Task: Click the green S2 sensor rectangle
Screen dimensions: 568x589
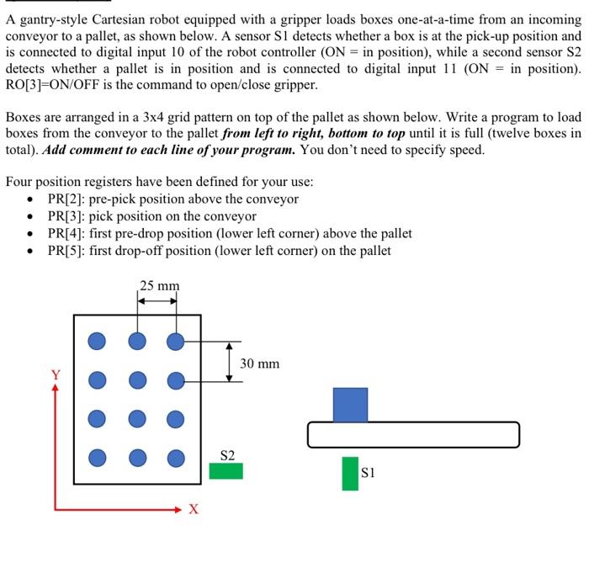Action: [x=226, y=470]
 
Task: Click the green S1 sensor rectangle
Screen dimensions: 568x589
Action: [x=350, y=473]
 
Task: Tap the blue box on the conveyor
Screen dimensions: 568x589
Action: [x=350, y=404]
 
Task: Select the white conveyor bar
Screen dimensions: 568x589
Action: [x=413, y=434]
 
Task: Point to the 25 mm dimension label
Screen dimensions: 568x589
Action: [x=159, y=286]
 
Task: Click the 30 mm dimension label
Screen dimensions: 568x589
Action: [x=259, y=364]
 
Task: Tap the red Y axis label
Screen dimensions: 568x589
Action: [x=56, y=375]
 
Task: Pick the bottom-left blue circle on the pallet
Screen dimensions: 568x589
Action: [x=98, y=457]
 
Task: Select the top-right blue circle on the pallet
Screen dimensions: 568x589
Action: [x=175, y=341]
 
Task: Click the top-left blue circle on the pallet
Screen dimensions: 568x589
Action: [x=98, y=341]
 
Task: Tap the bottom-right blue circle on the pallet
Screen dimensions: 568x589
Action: [x=175, y=457]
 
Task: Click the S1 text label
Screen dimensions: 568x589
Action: [x=368, y=473]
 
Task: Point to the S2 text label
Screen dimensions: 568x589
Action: [x=227, y=455]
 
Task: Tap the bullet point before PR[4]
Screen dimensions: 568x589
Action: [x=31, y=234]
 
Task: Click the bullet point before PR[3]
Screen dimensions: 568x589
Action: [x=31, y=217]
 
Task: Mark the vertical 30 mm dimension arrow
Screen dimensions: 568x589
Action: [x=229, y=362]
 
